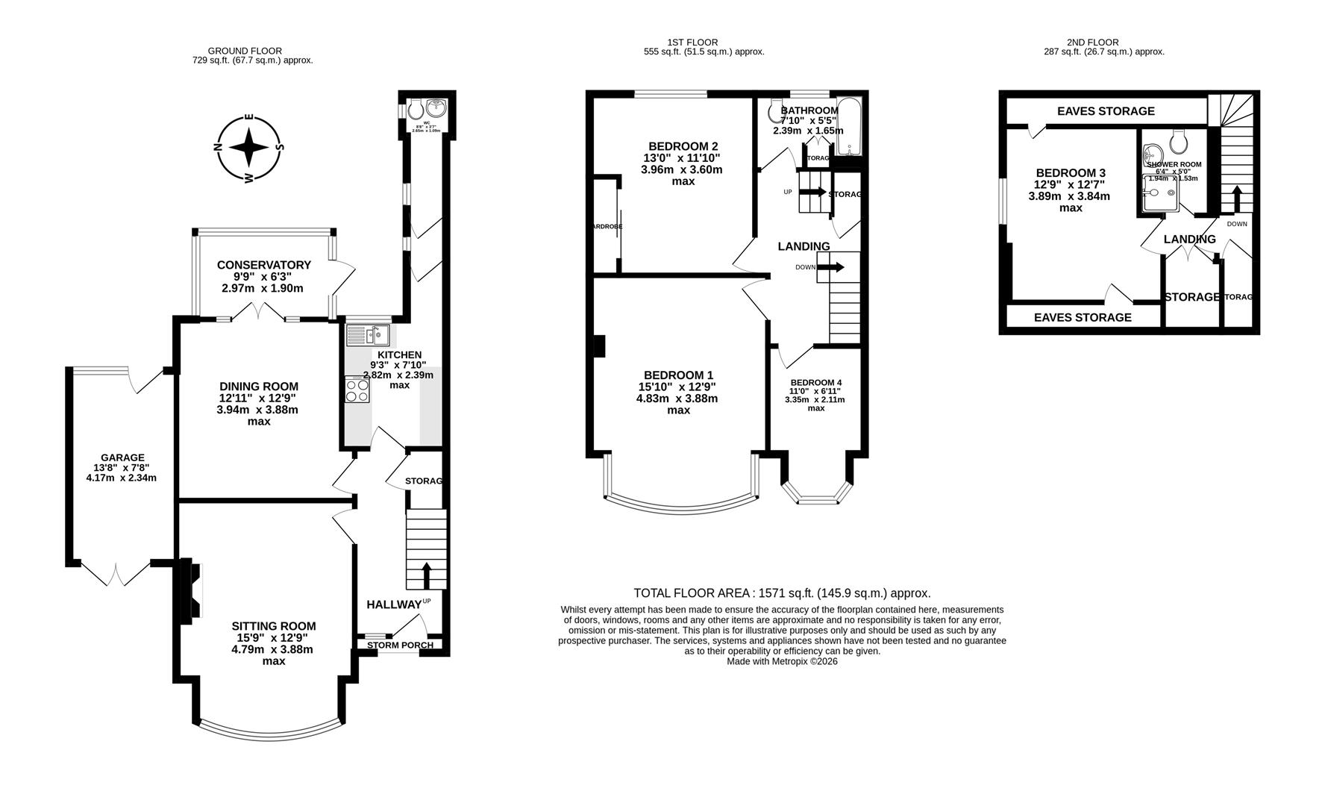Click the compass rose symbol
click(249, 148)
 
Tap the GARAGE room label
click(122, 457)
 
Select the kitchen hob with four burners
click(357, 390)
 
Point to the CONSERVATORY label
click(263, 265)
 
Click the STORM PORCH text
click(400, 646)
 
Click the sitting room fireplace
click(188, 590)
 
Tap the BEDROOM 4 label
click(815, 383)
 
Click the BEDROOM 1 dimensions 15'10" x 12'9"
click(679, 387)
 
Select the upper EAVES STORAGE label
click(1105, 111)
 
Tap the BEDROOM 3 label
click(1071, 172)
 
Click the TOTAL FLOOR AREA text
click(782, 593)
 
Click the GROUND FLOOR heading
click(245, 51)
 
